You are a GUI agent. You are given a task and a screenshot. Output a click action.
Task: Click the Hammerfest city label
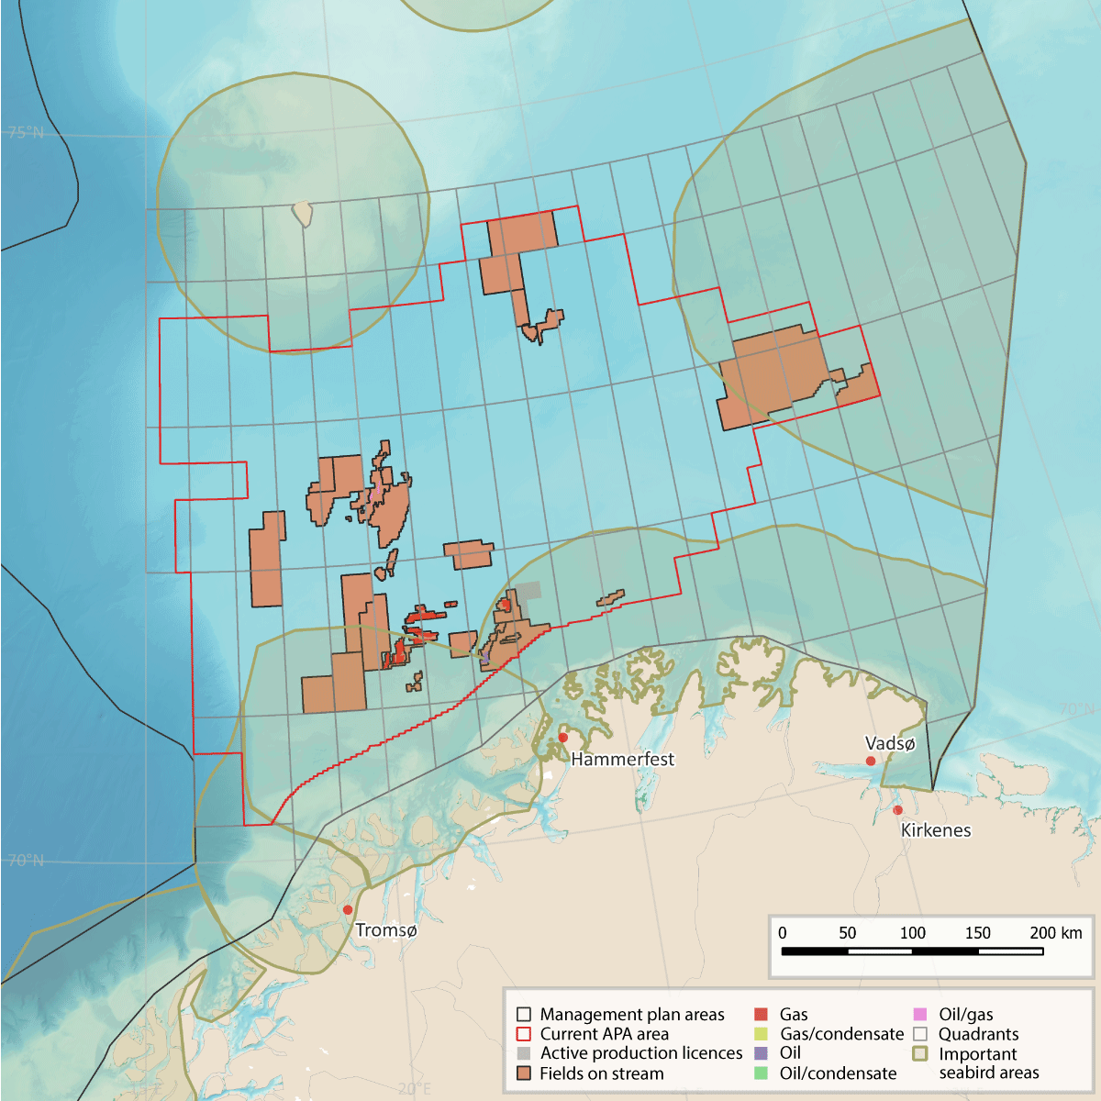(622, 760)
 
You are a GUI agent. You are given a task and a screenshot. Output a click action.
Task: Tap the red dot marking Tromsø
(348, 909)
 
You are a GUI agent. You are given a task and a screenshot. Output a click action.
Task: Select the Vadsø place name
(890, 744)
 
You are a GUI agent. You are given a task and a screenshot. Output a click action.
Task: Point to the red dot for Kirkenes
(897, 809)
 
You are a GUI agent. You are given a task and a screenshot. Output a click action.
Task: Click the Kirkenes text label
(935, 830)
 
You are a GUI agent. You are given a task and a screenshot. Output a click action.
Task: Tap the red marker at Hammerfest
(563, 738)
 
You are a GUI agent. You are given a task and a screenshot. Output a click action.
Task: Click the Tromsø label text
(385, 930)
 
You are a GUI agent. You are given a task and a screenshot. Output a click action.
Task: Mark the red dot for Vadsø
(871, 761)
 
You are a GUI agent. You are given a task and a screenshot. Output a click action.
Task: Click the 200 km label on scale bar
(1055, 933)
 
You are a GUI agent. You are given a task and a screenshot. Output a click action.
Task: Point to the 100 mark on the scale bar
(912, 933)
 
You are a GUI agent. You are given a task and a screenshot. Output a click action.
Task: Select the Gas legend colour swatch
(761, 1015)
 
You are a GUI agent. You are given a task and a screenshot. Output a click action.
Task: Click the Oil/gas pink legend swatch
(920, 1015)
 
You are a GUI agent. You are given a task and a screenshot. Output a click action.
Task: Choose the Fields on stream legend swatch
(524, 1073)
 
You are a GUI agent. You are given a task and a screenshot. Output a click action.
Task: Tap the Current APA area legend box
(524, 1034)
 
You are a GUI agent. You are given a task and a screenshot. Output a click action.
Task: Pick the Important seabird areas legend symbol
(920, 1054)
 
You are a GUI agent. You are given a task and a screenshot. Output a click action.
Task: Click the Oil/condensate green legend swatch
(761, 1073)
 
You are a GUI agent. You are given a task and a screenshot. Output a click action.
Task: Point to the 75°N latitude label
(25, 133)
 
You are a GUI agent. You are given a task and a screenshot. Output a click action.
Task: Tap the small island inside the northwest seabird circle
(303, 215)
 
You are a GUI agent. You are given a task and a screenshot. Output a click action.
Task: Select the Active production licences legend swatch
(524, 1053)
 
